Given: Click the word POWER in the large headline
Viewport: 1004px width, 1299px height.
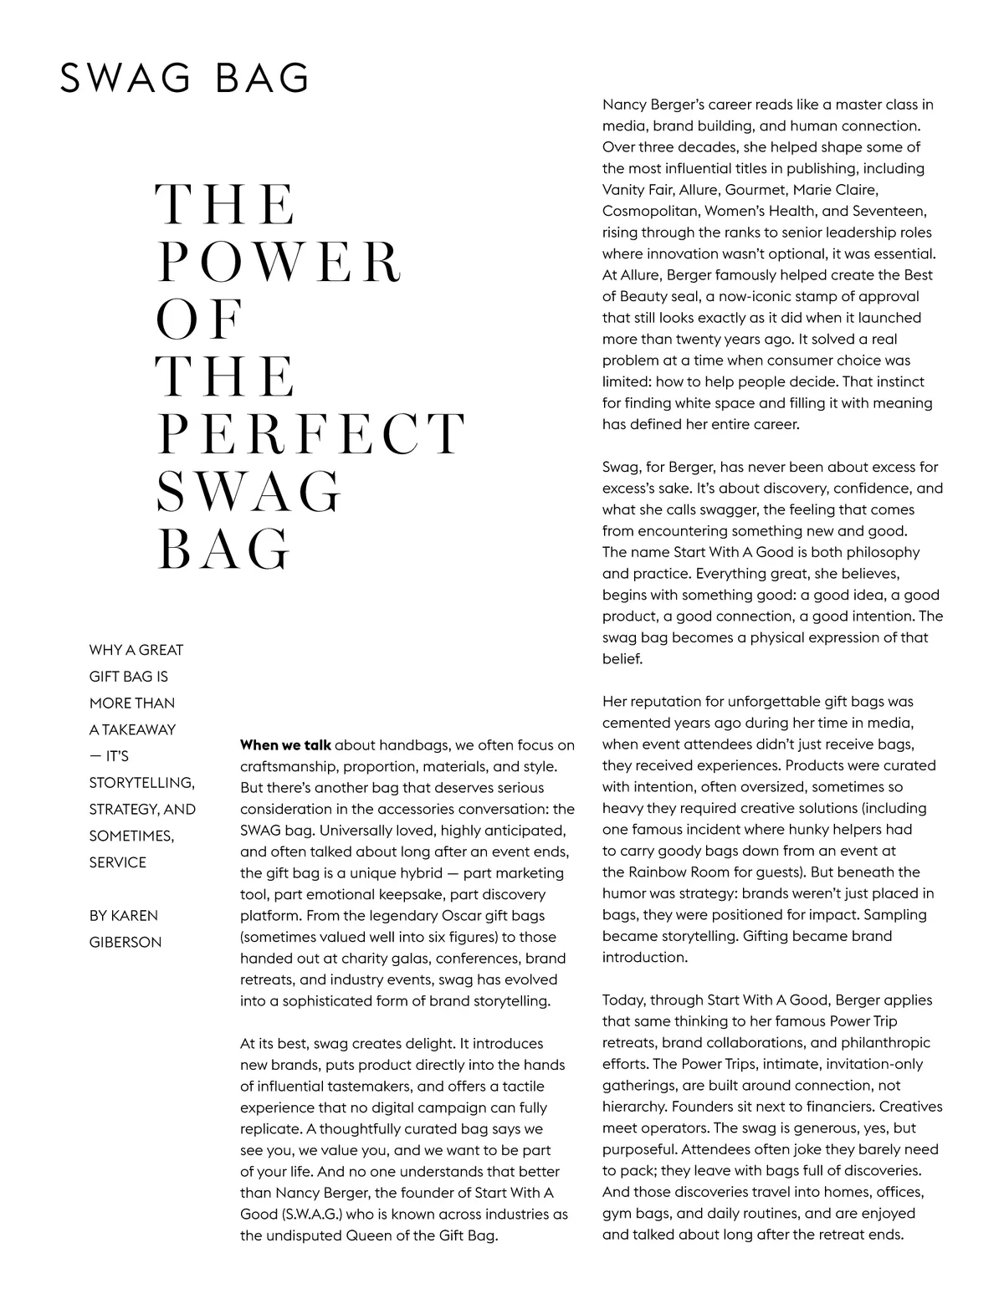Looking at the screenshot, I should (x=279, y=262).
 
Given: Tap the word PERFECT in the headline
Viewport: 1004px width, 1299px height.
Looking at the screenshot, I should (x=310, y=434).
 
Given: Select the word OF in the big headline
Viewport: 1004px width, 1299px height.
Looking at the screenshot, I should (x=200, y=319).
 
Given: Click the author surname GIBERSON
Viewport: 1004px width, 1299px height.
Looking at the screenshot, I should (x=125, y=942).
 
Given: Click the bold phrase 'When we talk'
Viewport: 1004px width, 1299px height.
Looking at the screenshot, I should (x=285, y=744).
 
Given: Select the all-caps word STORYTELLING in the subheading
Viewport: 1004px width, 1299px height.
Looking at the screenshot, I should (x=141, y=782).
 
